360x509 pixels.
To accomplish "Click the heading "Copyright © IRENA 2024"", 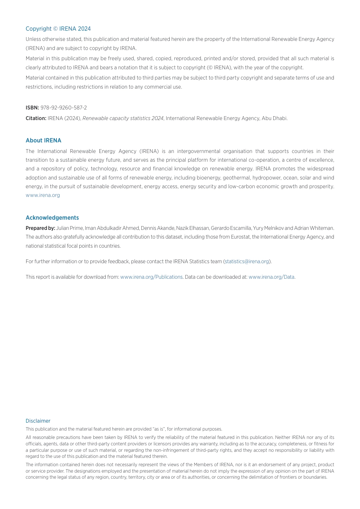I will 58,29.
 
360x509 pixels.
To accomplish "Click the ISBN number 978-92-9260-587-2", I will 64,108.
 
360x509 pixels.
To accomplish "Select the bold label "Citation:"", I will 36,119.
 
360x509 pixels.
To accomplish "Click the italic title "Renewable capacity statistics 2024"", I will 123,119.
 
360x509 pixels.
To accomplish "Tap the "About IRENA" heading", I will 43,141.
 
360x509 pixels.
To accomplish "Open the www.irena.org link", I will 43,195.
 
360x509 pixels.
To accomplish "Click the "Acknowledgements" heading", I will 52,218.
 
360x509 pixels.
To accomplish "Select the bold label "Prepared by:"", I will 40,228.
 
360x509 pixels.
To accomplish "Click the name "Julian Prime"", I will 69,228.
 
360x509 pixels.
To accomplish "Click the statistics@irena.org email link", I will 247,262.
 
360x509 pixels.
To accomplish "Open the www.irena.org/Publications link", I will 151,277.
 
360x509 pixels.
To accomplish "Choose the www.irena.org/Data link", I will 271,277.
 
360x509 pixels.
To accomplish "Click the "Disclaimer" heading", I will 38,421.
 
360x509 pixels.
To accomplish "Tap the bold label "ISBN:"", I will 32,108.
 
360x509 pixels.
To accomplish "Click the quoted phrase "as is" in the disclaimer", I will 158,429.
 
